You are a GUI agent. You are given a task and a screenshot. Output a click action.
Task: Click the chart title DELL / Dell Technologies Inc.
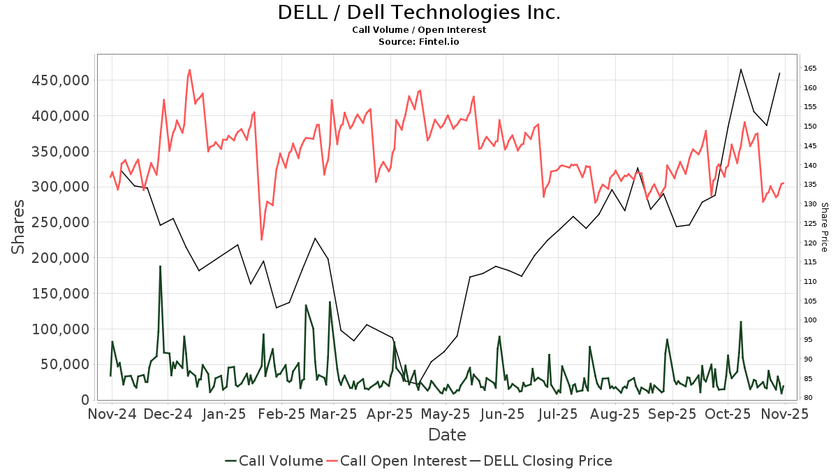tap(419, 13)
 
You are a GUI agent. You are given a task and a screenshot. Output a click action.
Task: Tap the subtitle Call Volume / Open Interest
tap(419, 30)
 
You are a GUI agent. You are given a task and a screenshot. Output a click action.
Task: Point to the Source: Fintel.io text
tap(419, 42)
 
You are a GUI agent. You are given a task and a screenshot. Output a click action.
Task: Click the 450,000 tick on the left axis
tap(59, 80)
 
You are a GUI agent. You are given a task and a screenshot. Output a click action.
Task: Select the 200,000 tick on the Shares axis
tap(59, 258)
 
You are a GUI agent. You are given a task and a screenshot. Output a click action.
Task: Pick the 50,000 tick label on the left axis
tap(64, 364)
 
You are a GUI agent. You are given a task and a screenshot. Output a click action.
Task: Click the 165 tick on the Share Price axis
tap(810, 68)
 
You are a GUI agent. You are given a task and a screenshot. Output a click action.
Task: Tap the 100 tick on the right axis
tap(810, 320)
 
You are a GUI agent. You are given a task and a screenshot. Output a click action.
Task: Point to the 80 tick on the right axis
tap(808, 398)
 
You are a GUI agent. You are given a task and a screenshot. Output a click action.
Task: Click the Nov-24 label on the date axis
tap(112, 414)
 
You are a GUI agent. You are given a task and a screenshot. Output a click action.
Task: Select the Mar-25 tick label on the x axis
tap(333, 414)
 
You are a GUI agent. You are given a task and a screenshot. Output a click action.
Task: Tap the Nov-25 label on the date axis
tap(785, 414)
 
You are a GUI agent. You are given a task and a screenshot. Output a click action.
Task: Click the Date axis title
tap(447, 435)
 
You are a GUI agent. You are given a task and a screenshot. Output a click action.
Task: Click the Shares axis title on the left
tap(18, 227)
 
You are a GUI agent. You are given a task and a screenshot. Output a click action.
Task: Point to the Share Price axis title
tap(824, 227)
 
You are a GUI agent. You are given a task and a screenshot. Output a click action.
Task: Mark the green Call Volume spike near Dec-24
tap(160, 266)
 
